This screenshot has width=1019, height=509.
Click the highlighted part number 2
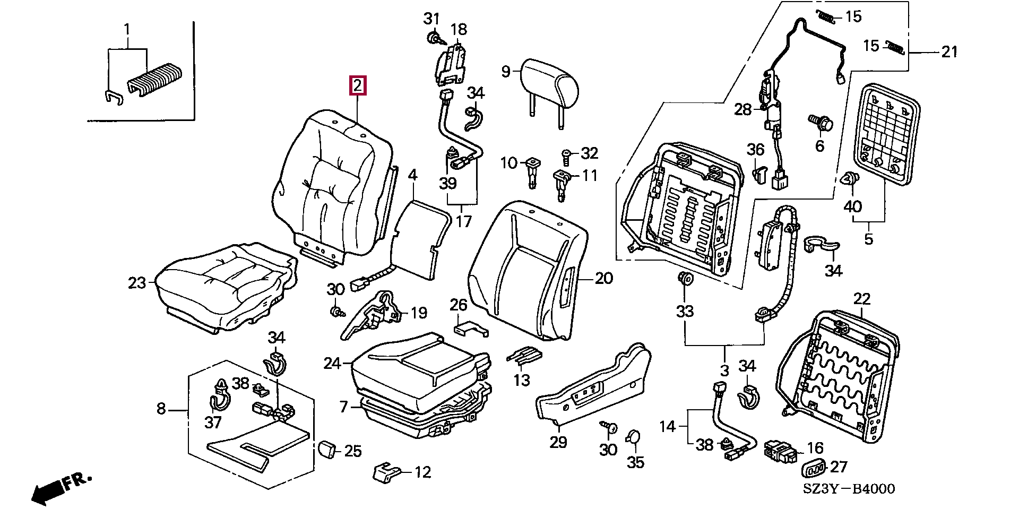click(x=357, y=85)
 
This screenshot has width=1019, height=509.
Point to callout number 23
click(x=137, y=283)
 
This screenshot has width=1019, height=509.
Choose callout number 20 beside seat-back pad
click(x=604, y=278)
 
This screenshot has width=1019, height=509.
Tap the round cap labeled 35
click(x=633, y=437)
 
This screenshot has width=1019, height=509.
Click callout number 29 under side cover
click(x=558, y=442)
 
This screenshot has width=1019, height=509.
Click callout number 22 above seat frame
click(x=861, y=299)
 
